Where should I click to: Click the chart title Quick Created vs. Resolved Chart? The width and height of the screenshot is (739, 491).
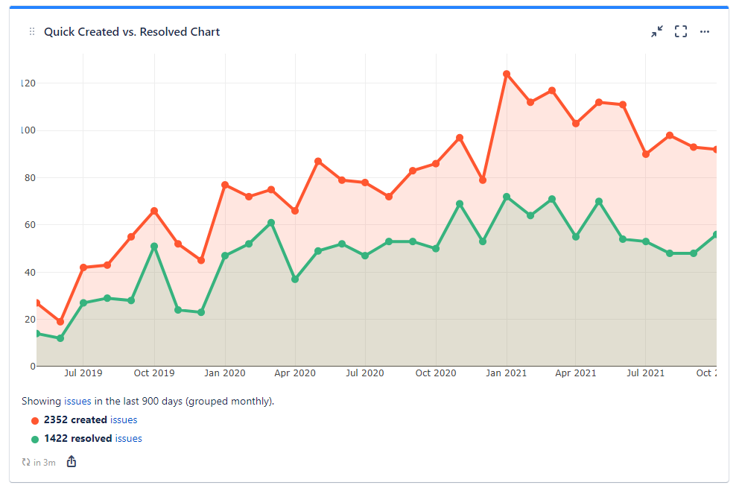pos(132,32)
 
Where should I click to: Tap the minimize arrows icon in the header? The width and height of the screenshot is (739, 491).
pos(656,31)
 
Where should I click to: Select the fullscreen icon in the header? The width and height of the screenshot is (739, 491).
pos(681,31)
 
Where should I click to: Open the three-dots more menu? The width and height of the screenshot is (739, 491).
pos(705,31)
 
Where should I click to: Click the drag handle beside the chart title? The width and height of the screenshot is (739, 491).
pos(32,32)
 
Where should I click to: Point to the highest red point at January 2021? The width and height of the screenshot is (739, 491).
pos(507,74)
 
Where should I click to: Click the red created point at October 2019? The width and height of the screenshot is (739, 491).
pos(154,211)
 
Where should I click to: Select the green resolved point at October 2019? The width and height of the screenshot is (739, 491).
pos(154,246)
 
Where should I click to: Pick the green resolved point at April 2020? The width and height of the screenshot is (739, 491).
pos(295,279)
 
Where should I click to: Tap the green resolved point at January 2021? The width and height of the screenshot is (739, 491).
pos(507,197)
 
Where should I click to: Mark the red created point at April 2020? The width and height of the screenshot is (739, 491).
pos(295,211)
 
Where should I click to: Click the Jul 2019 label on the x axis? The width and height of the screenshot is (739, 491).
pos(83,373)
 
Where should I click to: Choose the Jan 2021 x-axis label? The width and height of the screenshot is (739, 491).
pos(507,373)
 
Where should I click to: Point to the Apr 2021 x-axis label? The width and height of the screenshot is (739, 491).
pos(576,373)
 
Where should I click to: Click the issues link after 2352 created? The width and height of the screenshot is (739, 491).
pos(124,420)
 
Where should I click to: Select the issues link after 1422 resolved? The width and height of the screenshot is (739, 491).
pos(128,439)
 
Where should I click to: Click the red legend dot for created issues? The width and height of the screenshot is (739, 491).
pos(35,421)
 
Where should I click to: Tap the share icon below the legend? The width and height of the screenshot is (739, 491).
pos(72,462)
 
